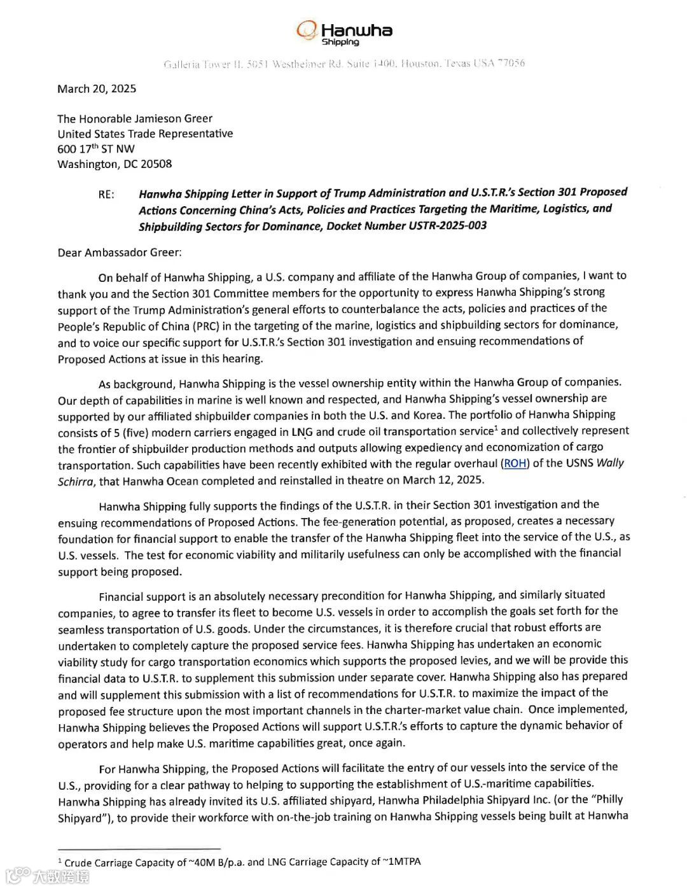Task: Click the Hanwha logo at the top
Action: click(x=344, y=31)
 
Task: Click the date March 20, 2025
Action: click(x=97, y=88)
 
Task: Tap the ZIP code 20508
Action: click(x=156, y=164)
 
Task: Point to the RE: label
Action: click(x=106, y=195)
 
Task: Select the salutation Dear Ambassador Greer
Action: click(x=119, y=253)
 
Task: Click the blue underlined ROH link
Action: click(x=515, y=463)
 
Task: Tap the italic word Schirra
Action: click(x=76, y=482)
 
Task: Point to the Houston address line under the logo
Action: click(x=344, y=64)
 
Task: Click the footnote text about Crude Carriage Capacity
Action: click(x=242, y=862)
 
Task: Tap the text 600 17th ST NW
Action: click(x=96, y=149)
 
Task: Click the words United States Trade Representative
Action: click(x=145, y=134)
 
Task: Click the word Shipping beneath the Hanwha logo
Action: click(x=340, y=43)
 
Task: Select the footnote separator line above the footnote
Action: click(x=139, y=848)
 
